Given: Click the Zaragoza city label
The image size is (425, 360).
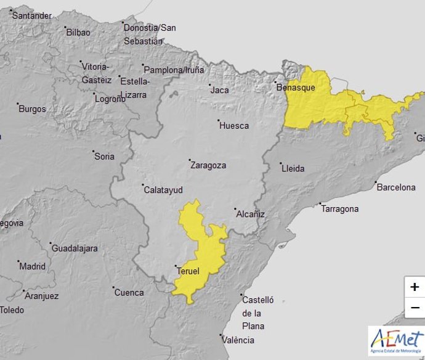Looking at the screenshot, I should pyautogui.click(x=209, y=165).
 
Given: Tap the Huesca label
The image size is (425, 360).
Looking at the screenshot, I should pyautogui.click(x=234, y=126).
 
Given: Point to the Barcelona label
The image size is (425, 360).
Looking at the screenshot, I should pyautogui.click(x=396, y=187).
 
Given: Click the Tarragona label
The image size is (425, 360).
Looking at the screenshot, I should pyautogui.click(x=339, y=209).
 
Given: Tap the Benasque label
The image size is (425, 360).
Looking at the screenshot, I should pyautogui.click(x=296, y=88).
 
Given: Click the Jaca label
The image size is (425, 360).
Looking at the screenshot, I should pyautogui.click(x=220, y=90).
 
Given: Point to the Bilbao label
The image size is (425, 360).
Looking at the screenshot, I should pyautogui.click(x=78, y=32).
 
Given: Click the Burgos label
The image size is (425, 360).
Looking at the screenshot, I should pyautogui.click(x=32, y=109).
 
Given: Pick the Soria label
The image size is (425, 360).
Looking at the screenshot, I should pyautogui.click(x=104, y=157).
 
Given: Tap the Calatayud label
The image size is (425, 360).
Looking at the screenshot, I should pyautogui.click(x=163, y=190).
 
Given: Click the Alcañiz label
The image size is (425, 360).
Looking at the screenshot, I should pyautogui.click(x=250, y=214).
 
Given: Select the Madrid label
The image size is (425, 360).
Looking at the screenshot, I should pyautogui.click(x=32, y=266).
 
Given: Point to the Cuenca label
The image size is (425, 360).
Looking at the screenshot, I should pyautogui.click(x=129, y=292).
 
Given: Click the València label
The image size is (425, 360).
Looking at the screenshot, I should pyautogui.click(x=239, y=340).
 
